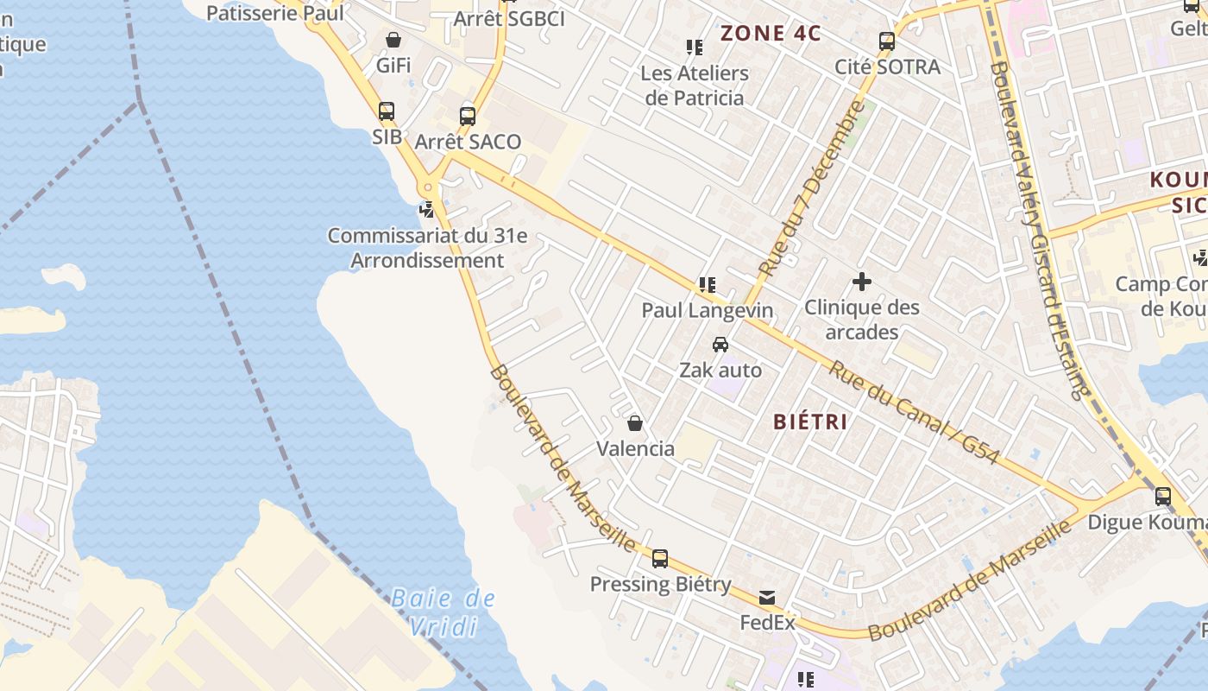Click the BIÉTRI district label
click(x=810, y=422)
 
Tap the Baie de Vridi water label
click(x=443, y=612)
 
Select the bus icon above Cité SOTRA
click(x=886, y=41)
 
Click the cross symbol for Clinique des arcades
click(x=861, y=282)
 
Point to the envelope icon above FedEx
click(x=767, y=597)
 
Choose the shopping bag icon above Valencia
click(x=635, y=423)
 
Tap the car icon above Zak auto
click(x=720, y=345)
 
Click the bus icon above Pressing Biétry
click(x=660, y=559)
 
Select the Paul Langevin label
click(x=707, y=310)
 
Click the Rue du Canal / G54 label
click(x=915, y=412)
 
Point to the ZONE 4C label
click(x=771, y=34)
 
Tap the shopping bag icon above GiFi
click(x=393, y=40)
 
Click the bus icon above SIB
click(x=387, y=111)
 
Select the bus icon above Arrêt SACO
click(x=468, y=116)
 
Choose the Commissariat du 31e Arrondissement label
click(x=427, y=248)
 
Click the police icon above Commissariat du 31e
click(x=426, y=209)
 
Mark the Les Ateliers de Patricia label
click(x=695, y=86)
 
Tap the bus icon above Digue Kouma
click(x=1163, y=497)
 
